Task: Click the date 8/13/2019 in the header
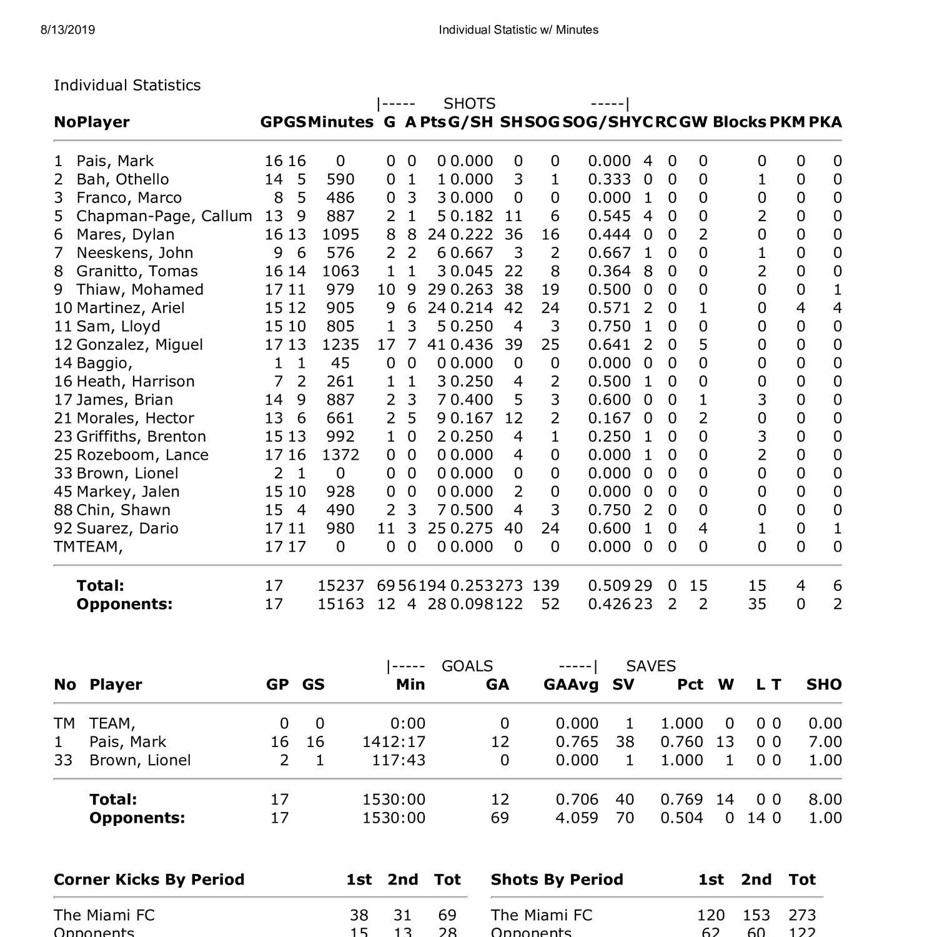(x=68, y=30)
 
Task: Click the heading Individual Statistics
(x=127, y=86)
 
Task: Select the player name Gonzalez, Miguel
(x=139, y=345)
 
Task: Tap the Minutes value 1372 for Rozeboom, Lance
(x=340, y=455)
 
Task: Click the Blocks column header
(x=739, y=122)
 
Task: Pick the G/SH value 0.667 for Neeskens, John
(x=472, y=253)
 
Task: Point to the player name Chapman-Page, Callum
(x=164, y=216)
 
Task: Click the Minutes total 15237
(x=340, y=586)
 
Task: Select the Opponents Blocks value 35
(x=756, y=604)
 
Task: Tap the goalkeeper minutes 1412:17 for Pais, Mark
(x=394, y=742)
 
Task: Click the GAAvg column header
(x=570, y=685)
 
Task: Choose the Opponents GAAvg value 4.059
(x=577, y=818)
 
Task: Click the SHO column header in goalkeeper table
(x=823, y=685)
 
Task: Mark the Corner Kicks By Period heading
(x=149, y=880)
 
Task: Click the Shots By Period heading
(x=557, y=880)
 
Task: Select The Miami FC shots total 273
(x=801, y=916)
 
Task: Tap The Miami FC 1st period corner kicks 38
(x=359, y=916)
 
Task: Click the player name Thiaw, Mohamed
(x=139, y=290)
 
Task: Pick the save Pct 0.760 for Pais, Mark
(x=681, y=742)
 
